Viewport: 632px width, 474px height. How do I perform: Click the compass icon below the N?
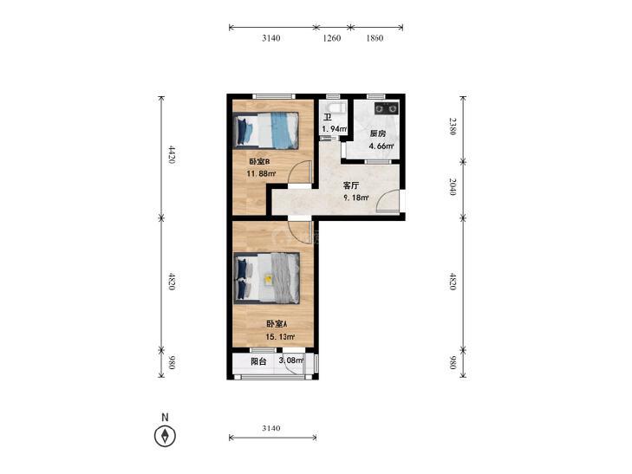tap(165, 436)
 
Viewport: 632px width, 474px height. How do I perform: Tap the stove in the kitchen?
tap(386, 108)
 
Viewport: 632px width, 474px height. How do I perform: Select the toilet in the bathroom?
tap(336, 108)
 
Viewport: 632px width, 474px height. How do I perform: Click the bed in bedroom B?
tap(266, 131)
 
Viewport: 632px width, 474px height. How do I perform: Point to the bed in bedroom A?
tap(267, 278)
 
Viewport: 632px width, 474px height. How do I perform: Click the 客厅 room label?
tap(350, 185)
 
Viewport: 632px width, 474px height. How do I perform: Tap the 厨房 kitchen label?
tap(378, 133)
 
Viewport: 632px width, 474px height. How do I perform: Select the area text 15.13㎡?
tap(280, 337)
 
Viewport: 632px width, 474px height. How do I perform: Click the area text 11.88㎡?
tap(261, 174)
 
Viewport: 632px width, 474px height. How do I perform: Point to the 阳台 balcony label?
tap(258, 361)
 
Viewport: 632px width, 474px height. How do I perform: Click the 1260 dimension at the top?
tap(332, 38)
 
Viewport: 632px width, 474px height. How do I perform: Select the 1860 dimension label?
tap(374, 38)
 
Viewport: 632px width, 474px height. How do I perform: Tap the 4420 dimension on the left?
tap(172, 154)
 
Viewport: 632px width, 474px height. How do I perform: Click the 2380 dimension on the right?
tap(453, 126)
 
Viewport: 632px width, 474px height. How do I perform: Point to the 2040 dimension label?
tap(453, 186)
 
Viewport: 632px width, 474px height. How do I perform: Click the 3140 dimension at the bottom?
tap(270, 428)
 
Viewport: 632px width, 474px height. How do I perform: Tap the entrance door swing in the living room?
tap(388, 200)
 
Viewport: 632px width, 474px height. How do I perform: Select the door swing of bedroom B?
tap(301, 172)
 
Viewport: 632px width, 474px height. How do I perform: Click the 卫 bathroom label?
tap(328, 118)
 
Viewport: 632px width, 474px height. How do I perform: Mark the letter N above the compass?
tap(165, 417)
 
